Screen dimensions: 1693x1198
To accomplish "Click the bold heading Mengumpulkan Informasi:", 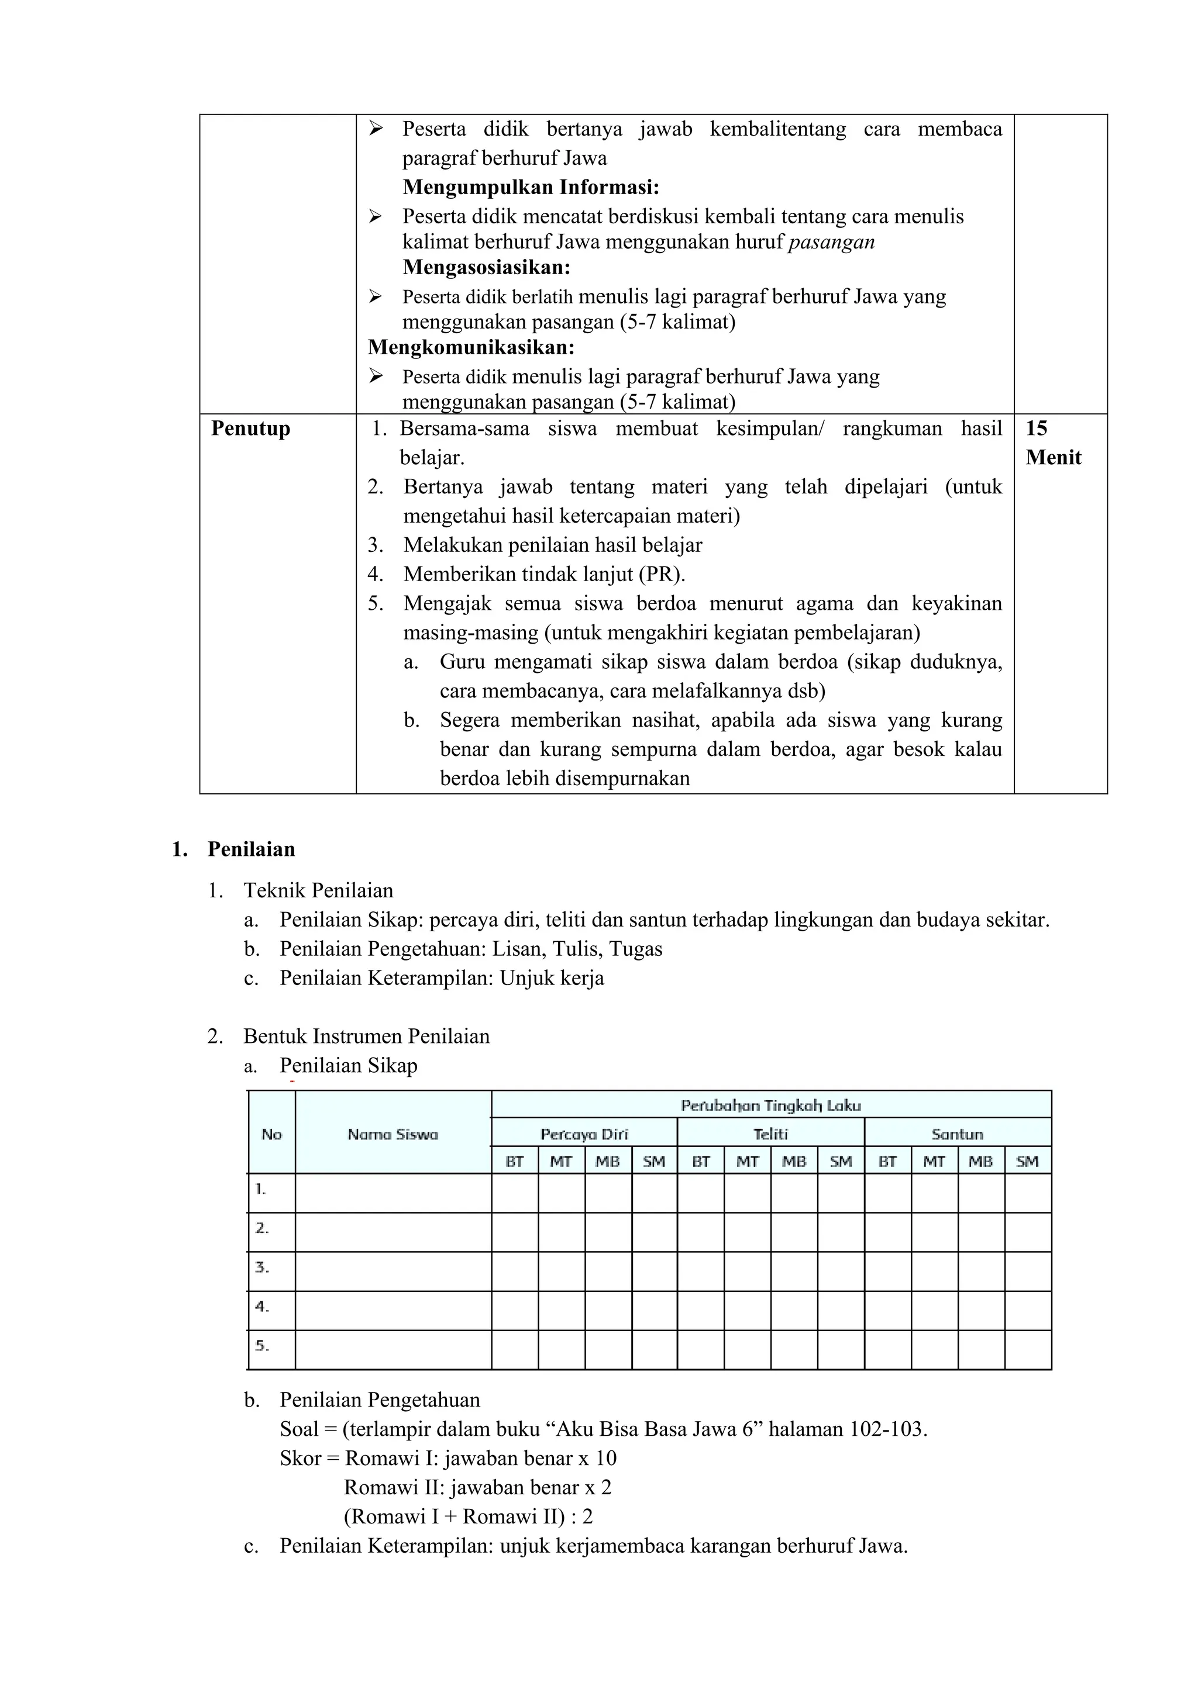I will click(x=531, y=187).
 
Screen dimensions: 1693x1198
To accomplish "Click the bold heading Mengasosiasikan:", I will click(x=487, y=267).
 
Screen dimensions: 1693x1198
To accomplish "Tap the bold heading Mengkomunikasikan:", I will click(x=471, y=347).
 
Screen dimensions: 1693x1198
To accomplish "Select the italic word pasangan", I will click(x=831, y=242).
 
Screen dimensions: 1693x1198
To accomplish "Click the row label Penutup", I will click(x=251, y=429).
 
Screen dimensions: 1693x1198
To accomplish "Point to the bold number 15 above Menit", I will click(x=1037, y=429).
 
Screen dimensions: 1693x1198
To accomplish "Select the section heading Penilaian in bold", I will click(x=252, y=849).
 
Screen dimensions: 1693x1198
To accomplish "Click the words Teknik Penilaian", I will click(x=319, y=891).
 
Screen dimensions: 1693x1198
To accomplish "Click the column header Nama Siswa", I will click(x=393, y=1135).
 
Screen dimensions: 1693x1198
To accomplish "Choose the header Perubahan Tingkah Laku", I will click(x=771, y=1105).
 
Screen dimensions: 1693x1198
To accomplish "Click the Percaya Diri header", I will click(x=584, y=1134).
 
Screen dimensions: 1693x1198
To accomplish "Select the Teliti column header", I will click(x=771, y=1134).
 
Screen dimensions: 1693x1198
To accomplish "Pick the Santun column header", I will click(x=958, y=1134).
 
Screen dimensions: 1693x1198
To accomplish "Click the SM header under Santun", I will click(x=1028, y=1162).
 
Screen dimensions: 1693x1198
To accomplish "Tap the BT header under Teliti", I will click(x=701, y=1162).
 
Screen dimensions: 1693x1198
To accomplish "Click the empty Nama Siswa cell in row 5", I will click(x=393, y=1349).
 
